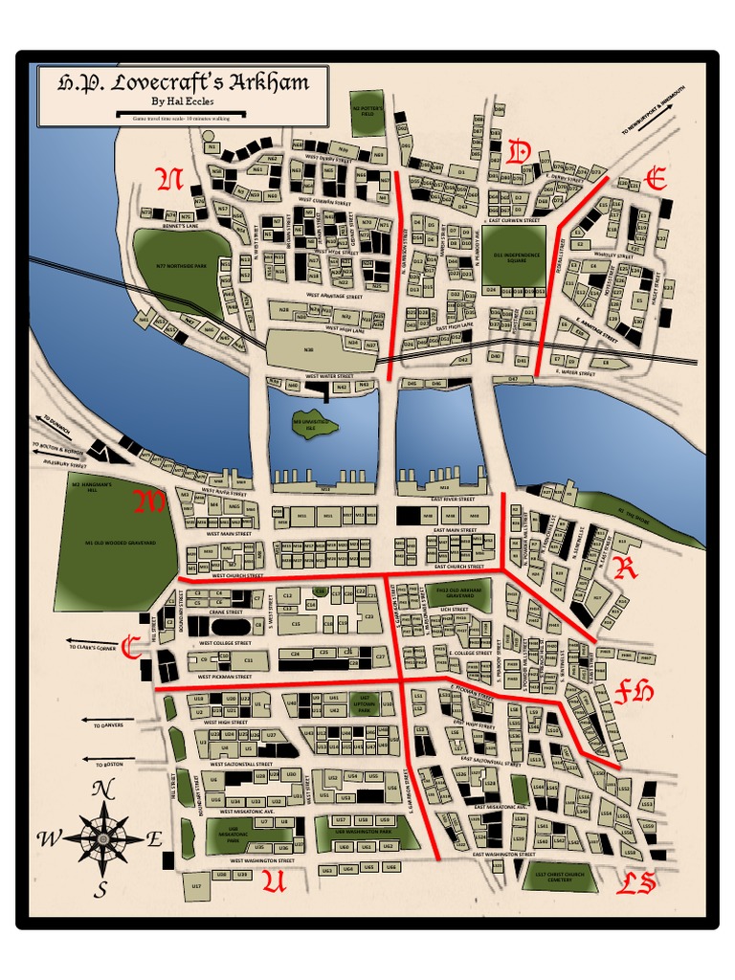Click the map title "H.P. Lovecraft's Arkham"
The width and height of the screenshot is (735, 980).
pos(183,82)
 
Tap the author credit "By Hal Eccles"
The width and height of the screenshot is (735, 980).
pos(183,101)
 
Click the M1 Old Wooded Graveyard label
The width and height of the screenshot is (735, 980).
pos(115,543)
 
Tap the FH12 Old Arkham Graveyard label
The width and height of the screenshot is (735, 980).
pos(457,593)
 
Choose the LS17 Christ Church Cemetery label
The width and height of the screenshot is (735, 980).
pos(560,877)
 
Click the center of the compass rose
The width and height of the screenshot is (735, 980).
pos(100,838)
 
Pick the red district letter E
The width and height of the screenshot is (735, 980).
pos(656,179)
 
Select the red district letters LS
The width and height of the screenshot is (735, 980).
pos(635,882)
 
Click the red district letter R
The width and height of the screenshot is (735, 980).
pos(626,568)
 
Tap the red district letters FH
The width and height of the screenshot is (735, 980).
pos(634,692)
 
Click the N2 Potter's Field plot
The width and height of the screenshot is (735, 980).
pos(367,112)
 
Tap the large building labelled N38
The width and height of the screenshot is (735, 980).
pos(309,349)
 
